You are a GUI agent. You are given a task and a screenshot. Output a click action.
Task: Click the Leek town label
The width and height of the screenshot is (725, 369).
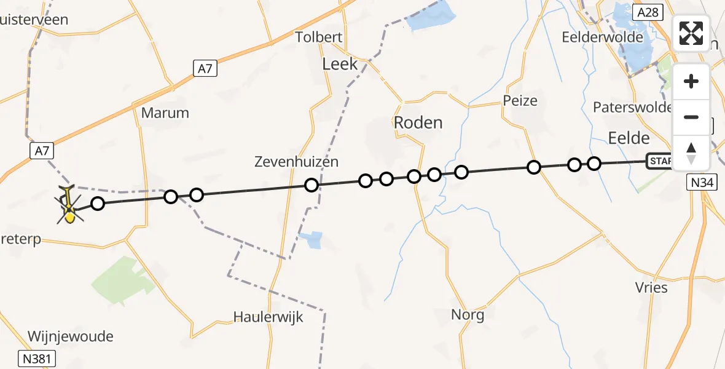(x=340, y=63)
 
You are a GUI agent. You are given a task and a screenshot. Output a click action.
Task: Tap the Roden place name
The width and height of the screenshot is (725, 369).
(x=418, y=122)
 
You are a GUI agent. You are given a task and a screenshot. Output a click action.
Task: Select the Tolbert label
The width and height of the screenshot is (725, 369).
(x=319, y=37)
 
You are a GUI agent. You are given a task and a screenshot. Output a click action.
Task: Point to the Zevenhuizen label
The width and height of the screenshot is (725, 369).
(x=297, y=162)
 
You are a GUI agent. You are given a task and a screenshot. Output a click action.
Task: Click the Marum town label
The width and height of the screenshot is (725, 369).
(x=165, y=113)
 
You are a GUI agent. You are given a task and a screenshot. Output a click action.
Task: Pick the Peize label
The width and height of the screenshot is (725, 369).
(x=520, y=100)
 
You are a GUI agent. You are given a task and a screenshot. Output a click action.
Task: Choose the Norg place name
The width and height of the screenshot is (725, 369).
(x=468, y=315)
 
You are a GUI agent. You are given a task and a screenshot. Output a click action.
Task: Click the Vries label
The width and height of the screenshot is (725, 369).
(x=652, y=287)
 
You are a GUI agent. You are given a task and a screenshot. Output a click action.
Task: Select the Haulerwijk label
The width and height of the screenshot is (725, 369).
(x=268, y=317)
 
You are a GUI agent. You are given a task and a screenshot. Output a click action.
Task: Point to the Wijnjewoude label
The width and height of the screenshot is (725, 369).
(x=71, y=336)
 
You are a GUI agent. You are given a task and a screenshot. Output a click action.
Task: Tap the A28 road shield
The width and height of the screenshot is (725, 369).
(x=649, y=12)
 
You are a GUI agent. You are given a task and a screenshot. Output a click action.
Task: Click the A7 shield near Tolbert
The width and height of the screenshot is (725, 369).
(x=205, y=69)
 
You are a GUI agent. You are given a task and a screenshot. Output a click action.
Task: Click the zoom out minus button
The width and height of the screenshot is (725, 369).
(x=691, y=117)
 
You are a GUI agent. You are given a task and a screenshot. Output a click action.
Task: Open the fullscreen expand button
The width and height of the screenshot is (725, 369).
(x=691, y=33)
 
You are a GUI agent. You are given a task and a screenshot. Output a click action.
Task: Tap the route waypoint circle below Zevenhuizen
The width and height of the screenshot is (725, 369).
(x=312, y=185)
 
